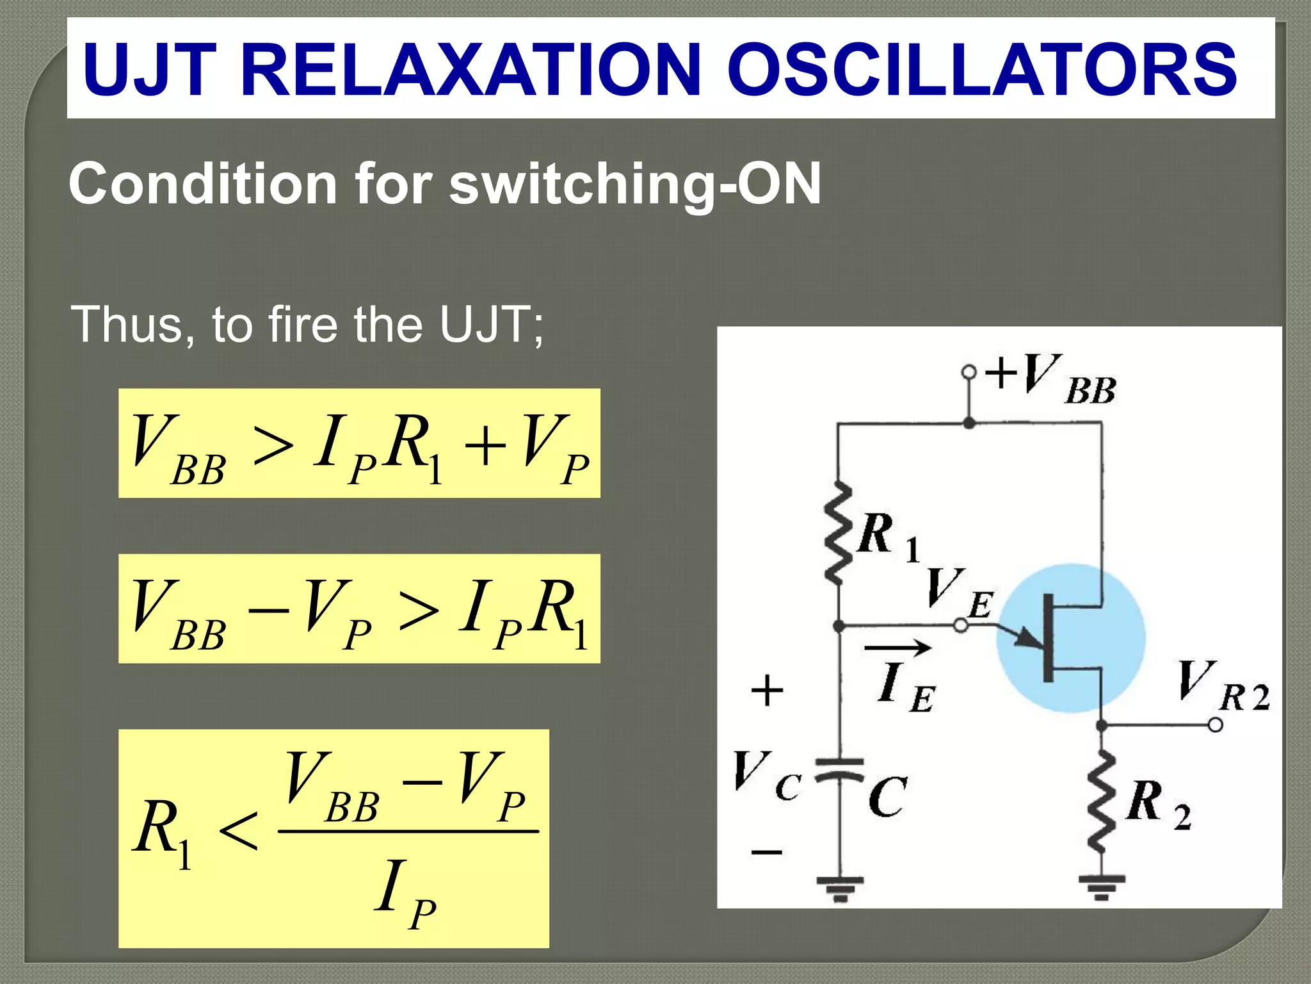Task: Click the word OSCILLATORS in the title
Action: (x=981, y=69)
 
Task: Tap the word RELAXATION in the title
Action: (x=471, y=69)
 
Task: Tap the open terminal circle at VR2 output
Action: (x=1215, y=725)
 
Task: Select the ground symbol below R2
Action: (x=1101, y=887)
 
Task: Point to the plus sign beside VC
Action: (x=766, y=691)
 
